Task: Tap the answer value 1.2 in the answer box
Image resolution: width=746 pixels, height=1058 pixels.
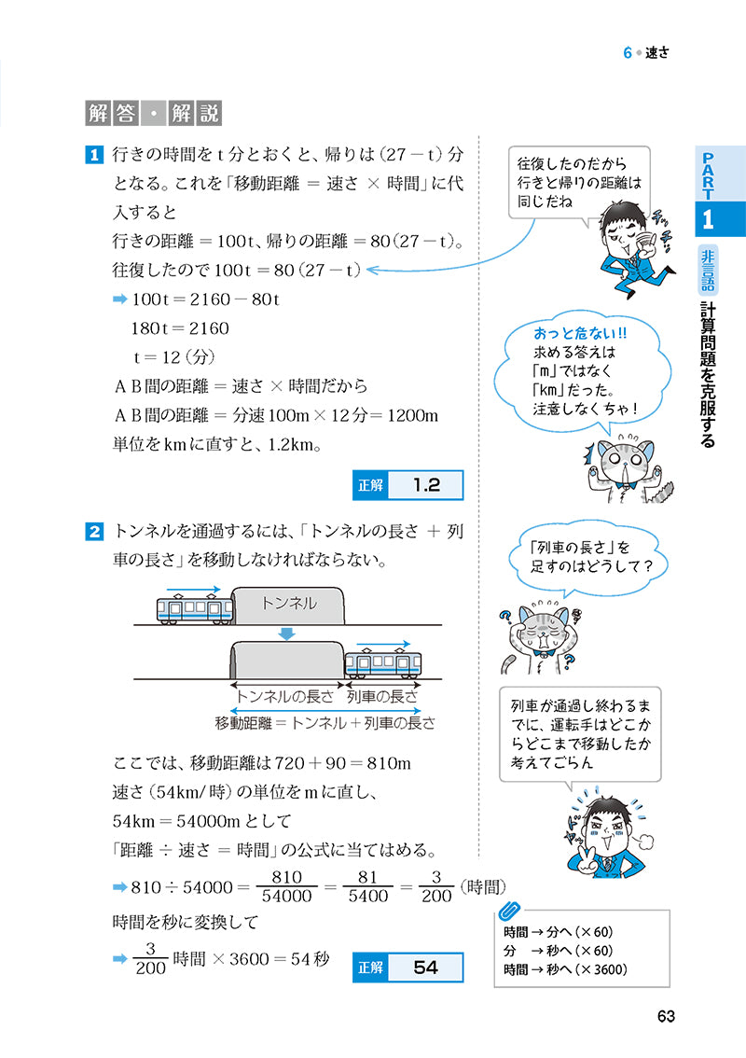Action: [x=425, y=485]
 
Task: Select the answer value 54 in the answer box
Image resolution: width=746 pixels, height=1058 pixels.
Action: [x=425, y=967]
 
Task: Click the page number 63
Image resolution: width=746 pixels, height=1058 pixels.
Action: [x=665, y=1017]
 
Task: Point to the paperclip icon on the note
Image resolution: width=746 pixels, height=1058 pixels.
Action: [x=510, y=911]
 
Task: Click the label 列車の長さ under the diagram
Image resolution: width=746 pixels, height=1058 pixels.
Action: [x=382, y=696]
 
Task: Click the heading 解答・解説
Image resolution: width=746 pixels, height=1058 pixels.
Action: [x=153, y=114]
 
